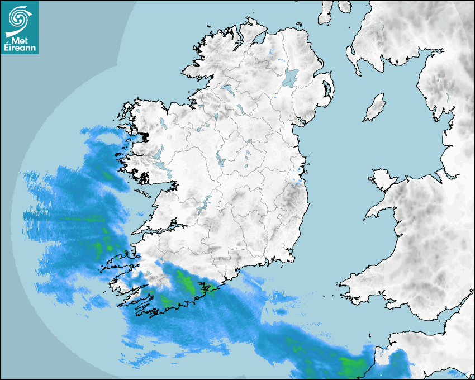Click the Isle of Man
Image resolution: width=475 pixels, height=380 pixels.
coord(375,108)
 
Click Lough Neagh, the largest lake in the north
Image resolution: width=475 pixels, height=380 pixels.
coord(291,77)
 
